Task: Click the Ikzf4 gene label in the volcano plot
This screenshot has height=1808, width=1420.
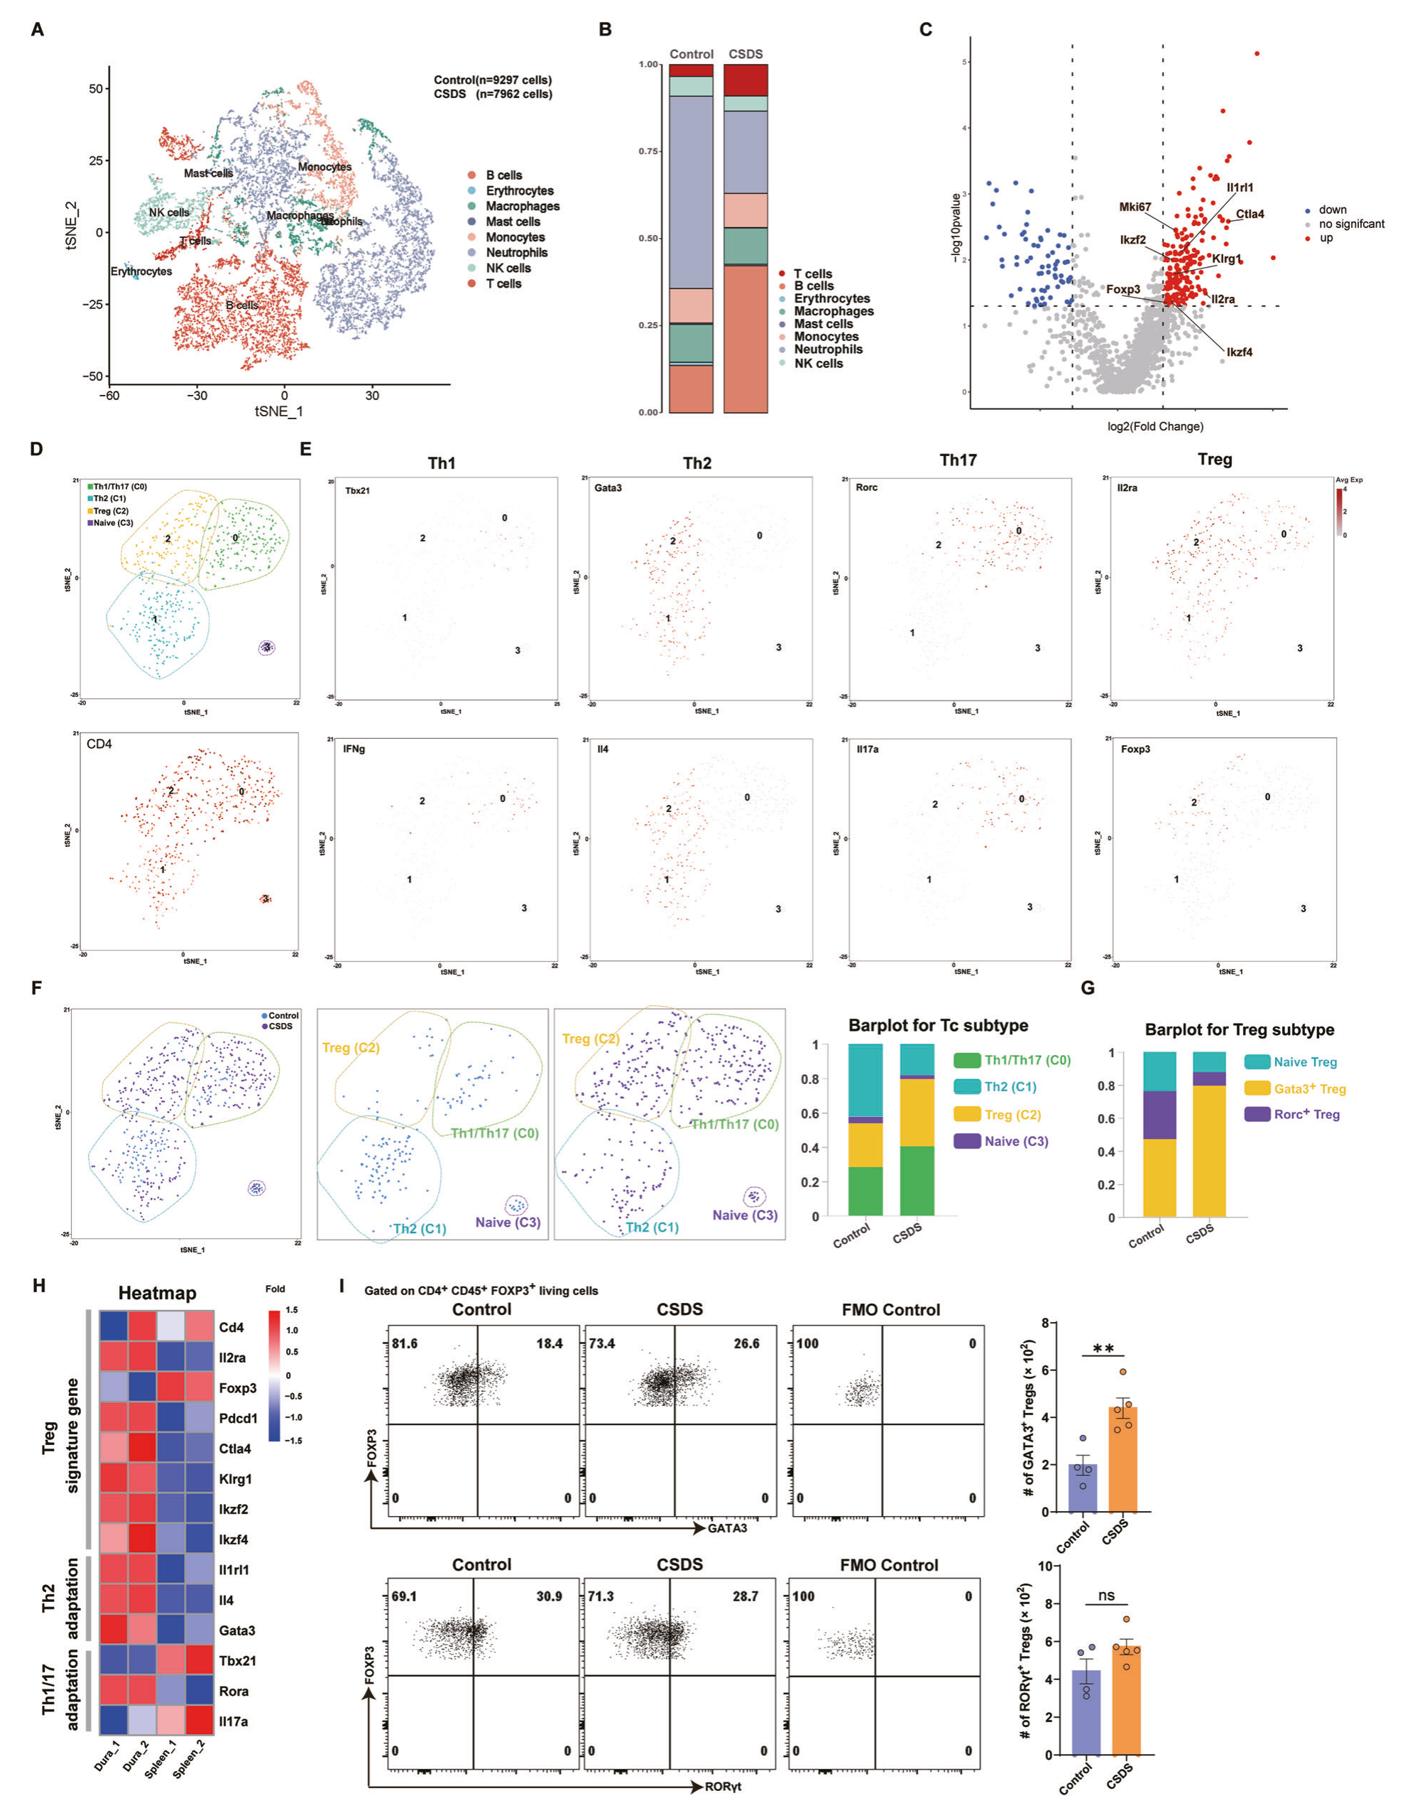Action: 1239,352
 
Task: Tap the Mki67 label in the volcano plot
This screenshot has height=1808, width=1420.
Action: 1134,207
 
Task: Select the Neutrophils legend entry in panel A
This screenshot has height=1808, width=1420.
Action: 516,253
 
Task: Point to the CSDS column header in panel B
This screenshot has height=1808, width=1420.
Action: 745,54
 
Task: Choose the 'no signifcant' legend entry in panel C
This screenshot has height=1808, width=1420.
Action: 1351,224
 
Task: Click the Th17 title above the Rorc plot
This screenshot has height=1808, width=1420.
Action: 958,460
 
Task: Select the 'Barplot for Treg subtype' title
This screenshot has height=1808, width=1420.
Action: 1239,1029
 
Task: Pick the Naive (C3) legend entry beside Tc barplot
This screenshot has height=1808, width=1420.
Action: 1016,1141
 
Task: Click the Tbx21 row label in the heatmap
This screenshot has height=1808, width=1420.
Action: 237,1661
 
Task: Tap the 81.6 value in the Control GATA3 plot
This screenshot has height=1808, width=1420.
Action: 405,1343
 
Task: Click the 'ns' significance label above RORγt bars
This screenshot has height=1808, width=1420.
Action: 1105,1595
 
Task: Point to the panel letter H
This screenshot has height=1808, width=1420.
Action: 38,1285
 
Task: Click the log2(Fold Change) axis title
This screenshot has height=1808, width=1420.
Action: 1154,427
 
